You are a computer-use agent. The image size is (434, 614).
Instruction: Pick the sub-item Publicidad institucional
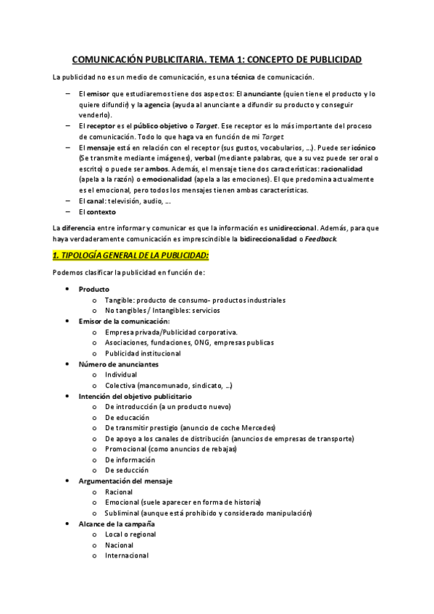click(x=143, y=353)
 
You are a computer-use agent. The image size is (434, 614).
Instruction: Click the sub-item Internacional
click(x=127, y=555)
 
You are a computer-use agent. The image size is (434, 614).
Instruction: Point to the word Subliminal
click(x=124, y=513)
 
